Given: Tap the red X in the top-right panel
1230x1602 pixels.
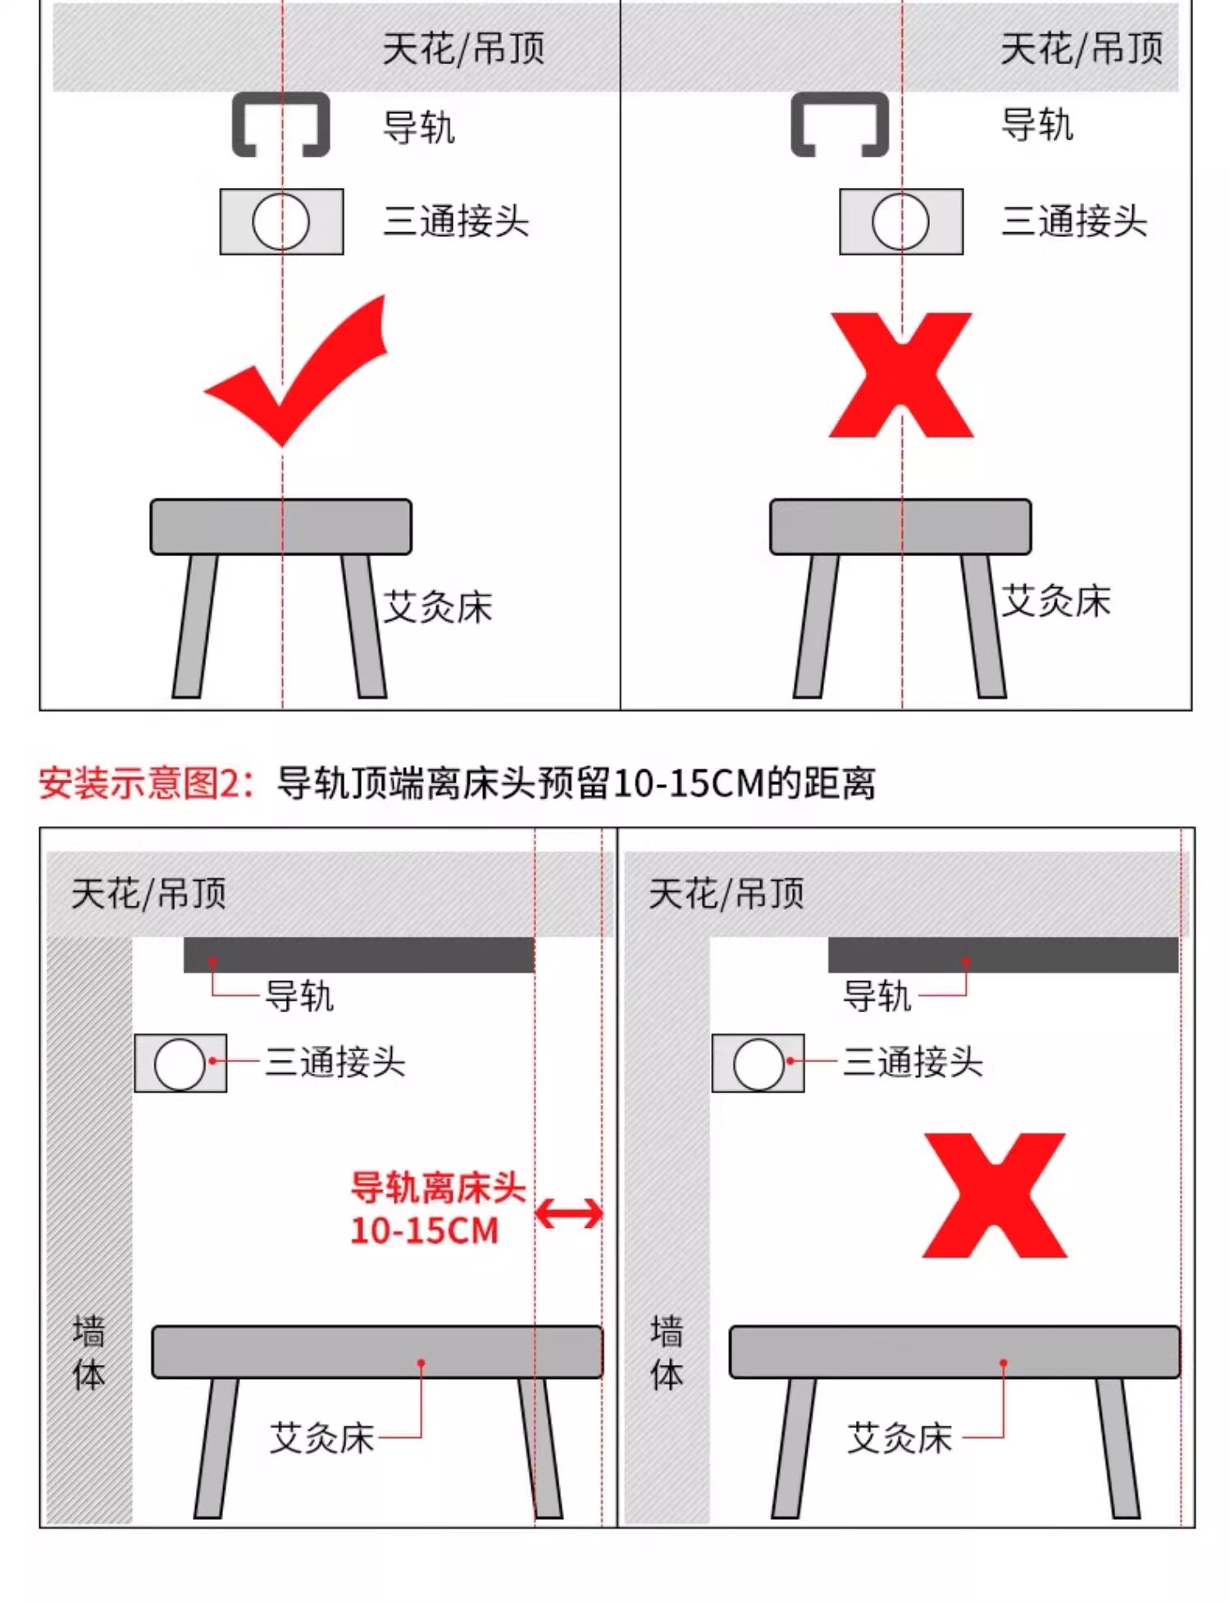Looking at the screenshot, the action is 901,375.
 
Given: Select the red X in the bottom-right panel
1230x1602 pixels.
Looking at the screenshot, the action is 995,1195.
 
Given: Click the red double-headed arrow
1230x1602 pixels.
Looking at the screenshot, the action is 569,1213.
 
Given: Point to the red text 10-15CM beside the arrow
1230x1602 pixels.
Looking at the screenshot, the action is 425,1230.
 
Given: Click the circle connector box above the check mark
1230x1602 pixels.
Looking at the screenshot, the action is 281,221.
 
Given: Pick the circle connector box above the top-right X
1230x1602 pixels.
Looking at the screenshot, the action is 901,221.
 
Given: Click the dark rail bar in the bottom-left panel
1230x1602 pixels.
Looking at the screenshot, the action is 359,955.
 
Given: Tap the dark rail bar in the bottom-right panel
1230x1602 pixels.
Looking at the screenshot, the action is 1003,955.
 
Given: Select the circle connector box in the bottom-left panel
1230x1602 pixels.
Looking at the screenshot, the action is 180,1063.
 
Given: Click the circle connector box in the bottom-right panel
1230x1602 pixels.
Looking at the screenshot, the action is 758,1063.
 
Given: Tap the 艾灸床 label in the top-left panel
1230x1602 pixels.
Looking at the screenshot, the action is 438,607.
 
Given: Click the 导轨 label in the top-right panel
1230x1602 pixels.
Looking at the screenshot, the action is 1037,126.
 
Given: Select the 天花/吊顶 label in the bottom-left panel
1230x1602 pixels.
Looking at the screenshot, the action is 148,893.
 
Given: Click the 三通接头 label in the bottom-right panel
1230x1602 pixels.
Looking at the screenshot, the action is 913,1061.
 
